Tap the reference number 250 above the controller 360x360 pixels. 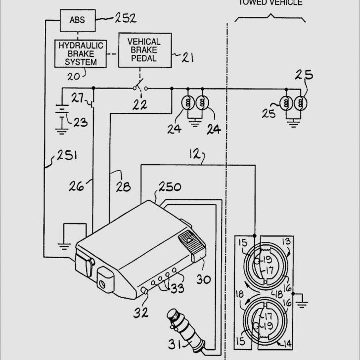(169, 187)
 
